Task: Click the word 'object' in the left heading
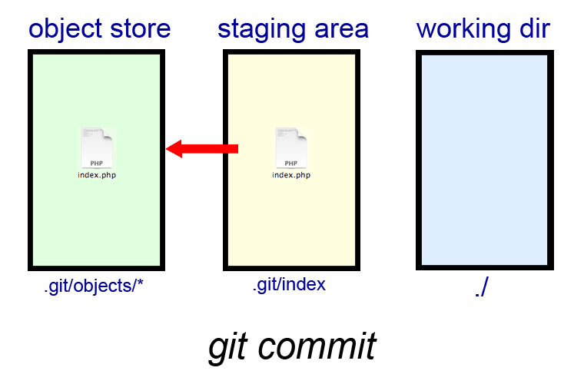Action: pos(64,30)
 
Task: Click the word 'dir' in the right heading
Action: pos(533,30)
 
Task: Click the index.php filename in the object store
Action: pos(97,175)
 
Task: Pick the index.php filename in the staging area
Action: pos(291,175)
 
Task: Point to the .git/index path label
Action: pos(289,285)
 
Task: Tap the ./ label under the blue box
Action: pos(483,289)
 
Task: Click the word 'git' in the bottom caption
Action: pos(230,347)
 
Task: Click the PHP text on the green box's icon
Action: pos(97,163)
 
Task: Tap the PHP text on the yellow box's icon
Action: pos(291,163)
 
